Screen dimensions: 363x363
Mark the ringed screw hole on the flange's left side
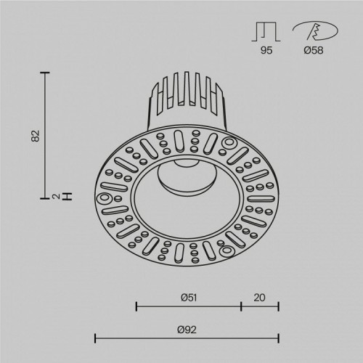105,197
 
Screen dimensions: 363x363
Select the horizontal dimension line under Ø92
187,338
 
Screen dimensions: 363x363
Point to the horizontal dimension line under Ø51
189,306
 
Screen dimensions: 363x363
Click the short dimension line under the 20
261,306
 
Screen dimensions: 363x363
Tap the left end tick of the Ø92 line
96,338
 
